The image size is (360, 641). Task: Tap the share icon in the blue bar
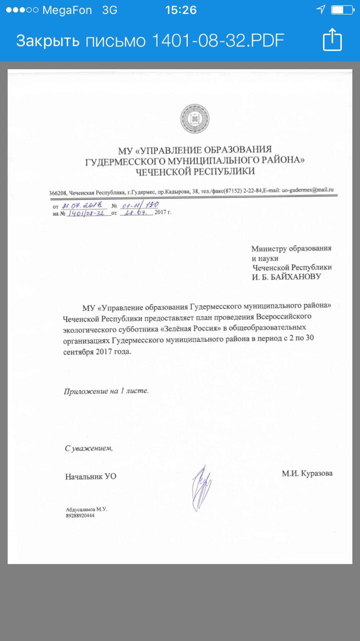(x=332, y=40)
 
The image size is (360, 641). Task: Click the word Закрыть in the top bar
(x=48, y=41)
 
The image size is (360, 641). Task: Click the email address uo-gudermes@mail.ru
(x=307, y=190)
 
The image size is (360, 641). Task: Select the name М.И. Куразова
(x=307, y=473)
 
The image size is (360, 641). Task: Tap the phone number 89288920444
(x=80, y=515)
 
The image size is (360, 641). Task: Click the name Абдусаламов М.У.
(x=87, y=509)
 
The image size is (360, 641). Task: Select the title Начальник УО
(x=91, y=476)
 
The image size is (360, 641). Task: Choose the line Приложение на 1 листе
(x=106, y=391)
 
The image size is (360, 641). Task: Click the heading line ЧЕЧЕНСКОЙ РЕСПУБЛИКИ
(x=195, y=171)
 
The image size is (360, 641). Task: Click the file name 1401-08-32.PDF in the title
(x=218, y=41)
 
